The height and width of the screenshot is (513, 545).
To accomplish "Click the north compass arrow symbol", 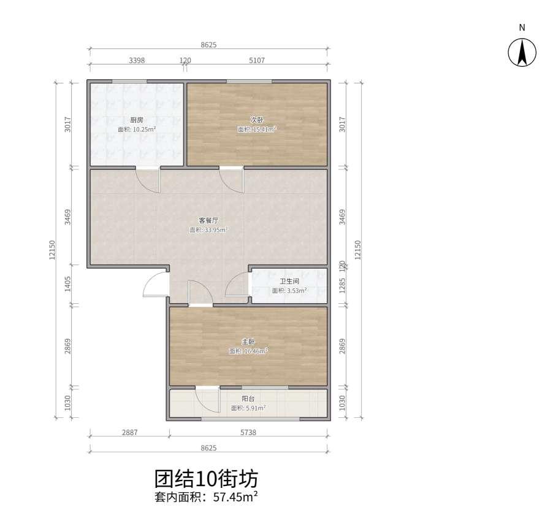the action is coord(522,53).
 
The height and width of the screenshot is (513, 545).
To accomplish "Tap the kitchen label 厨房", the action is coord(137,120).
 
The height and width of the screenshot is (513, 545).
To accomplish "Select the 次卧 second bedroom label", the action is coord(257,120).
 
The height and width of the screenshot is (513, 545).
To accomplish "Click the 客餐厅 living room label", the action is coord(208,220).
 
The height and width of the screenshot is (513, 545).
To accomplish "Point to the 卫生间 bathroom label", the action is coord(289,281).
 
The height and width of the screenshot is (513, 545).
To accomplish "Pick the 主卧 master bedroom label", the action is coord(248,342).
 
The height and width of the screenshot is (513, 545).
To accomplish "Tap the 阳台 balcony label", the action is coord(248,399).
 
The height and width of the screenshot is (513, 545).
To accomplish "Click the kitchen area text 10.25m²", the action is coord(144,129).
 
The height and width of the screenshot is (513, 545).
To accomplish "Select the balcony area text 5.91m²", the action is coord(256,408).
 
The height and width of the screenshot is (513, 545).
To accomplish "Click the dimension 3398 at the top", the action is coord(137,60).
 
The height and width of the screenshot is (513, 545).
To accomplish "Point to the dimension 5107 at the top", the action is coord(257,60).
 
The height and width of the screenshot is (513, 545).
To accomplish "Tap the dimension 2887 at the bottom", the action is coord(129,433).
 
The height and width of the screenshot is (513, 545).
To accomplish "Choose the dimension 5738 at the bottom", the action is coord(248,433).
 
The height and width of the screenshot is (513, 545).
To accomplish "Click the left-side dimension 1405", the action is coord(68,283).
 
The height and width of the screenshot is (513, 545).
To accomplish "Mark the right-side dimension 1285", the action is coord(342,285).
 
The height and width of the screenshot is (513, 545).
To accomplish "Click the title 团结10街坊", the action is coord(207,479).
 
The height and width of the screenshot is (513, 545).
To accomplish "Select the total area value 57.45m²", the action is coord(235,496).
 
